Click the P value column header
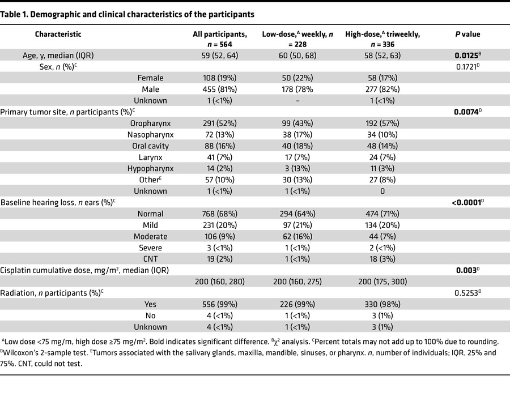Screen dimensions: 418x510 point(467,35)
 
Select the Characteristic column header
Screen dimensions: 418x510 point(58,35)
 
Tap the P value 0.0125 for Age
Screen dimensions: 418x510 point(467,56)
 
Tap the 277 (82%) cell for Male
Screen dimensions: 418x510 point(382,89)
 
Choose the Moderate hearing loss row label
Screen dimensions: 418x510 point(150,237)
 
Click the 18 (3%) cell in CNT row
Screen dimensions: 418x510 point(382,259)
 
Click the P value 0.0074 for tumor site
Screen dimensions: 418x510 point(467,112)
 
